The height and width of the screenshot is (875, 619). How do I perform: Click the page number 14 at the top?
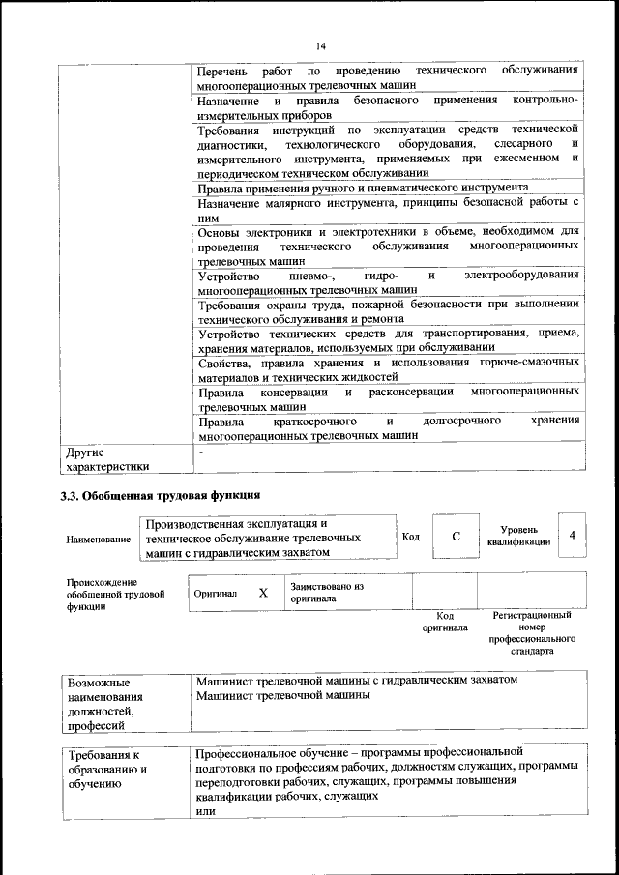[321, 44]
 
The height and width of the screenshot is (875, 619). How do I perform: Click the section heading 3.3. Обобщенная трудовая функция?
[160, 496]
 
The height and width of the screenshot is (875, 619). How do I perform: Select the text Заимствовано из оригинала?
[325, 593]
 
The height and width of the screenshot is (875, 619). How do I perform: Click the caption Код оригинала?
[444, 621]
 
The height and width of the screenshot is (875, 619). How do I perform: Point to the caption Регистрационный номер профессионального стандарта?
[532, 633]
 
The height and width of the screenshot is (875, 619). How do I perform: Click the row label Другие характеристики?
[106, 458]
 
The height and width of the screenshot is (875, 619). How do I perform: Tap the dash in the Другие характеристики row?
[200, 452]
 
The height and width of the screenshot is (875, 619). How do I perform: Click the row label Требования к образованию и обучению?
[105, 771]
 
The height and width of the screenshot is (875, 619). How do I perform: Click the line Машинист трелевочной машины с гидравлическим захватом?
[357, 681]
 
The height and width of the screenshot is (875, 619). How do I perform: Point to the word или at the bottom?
[204, 812]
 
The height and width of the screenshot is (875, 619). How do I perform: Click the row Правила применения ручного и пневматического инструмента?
[362, 187]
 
